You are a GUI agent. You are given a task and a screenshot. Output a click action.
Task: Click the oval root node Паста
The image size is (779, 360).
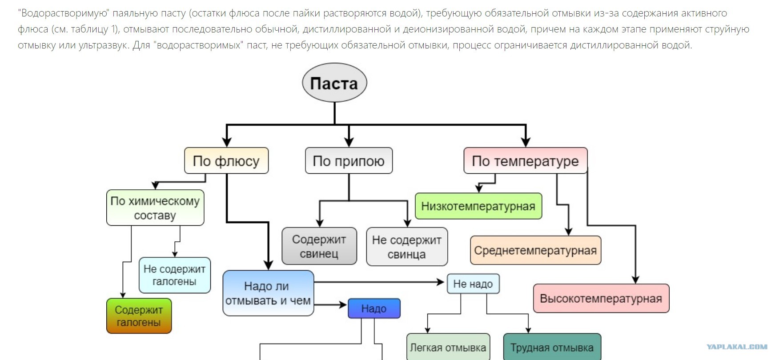334,83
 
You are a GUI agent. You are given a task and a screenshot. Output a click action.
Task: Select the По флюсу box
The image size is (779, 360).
226,160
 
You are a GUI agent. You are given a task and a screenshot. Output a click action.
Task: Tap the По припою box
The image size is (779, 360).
349,160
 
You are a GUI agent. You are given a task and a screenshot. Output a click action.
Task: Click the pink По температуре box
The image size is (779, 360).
525,160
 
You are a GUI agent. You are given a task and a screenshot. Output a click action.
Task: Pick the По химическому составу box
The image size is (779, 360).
155,208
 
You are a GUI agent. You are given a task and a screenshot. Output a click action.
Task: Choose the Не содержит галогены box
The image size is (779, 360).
174,275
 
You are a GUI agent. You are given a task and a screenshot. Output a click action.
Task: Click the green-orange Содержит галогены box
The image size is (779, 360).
139,316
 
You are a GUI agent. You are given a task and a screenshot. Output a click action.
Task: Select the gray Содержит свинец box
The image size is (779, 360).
319,246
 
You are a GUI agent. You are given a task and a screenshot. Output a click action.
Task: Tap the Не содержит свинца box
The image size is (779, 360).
407,247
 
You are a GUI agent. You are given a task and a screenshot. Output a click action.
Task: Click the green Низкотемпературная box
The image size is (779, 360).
478,206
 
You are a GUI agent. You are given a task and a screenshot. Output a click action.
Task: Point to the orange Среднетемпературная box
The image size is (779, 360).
535,250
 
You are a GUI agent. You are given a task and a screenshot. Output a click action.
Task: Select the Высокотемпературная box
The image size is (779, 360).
601,298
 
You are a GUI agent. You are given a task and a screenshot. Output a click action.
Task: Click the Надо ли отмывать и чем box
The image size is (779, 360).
268,293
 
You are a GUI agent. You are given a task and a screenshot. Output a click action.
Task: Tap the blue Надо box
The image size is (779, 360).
374,308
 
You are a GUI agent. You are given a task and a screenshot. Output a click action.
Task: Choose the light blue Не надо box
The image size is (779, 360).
473,284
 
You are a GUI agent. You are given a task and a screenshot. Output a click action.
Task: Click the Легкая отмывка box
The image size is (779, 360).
448,348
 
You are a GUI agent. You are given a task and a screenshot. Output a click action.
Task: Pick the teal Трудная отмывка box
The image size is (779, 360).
552,348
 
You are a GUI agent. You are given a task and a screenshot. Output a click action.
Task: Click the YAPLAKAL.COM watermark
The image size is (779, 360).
737,347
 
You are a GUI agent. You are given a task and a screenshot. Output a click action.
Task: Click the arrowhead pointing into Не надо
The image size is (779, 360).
441,282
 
